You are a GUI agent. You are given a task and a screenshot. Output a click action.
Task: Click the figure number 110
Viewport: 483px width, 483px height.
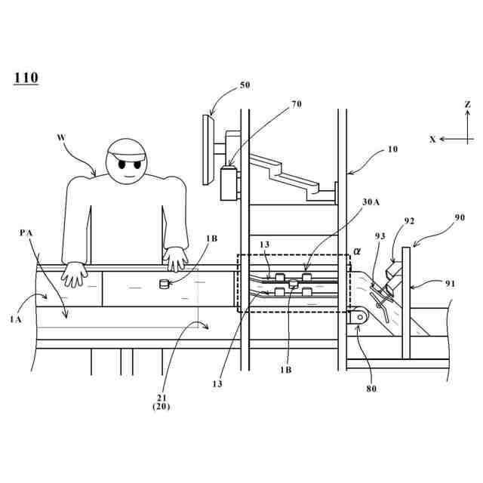[x=26, y=78]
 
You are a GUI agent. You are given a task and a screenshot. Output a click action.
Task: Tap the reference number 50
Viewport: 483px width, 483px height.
[x=245, y=86]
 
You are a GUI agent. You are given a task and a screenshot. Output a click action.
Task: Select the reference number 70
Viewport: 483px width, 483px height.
[x=296, y=104]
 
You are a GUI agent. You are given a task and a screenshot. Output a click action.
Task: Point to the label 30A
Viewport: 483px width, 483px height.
[x=372, y=202]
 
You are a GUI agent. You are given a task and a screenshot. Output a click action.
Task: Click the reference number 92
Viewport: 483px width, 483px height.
[x=410, y=222]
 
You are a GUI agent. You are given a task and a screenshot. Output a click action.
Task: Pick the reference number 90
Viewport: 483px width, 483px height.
[x=459, y=217]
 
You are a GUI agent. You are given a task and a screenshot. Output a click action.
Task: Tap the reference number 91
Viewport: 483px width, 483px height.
[x=451, y=285]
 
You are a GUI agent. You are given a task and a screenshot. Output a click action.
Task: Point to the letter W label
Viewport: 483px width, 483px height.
[x=61, y=137]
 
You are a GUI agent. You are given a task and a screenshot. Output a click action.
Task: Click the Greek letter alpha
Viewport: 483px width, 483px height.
[x=357, y=250]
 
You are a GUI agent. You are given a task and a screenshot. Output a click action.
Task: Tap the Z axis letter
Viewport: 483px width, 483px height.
[x=468, y=103]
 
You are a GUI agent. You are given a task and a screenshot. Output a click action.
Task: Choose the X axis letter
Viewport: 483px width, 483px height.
[x=432, y=139]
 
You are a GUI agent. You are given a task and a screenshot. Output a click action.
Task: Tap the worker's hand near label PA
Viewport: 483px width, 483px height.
[x=75, y=274]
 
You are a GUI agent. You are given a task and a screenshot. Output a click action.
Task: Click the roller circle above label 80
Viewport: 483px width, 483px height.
[x=356, y=319]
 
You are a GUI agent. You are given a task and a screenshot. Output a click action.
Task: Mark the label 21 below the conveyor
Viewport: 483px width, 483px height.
[x=160, y=397]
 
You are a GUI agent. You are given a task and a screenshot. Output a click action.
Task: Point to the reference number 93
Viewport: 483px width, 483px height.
[x=380, y=236]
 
